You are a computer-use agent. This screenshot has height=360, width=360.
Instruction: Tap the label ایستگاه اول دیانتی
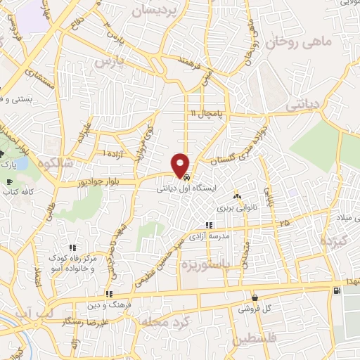coord(184,188)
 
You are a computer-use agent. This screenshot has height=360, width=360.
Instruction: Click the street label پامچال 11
coord(205,112)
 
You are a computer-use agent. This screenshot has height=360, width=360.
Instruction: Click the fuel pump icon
coord(339,291)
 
